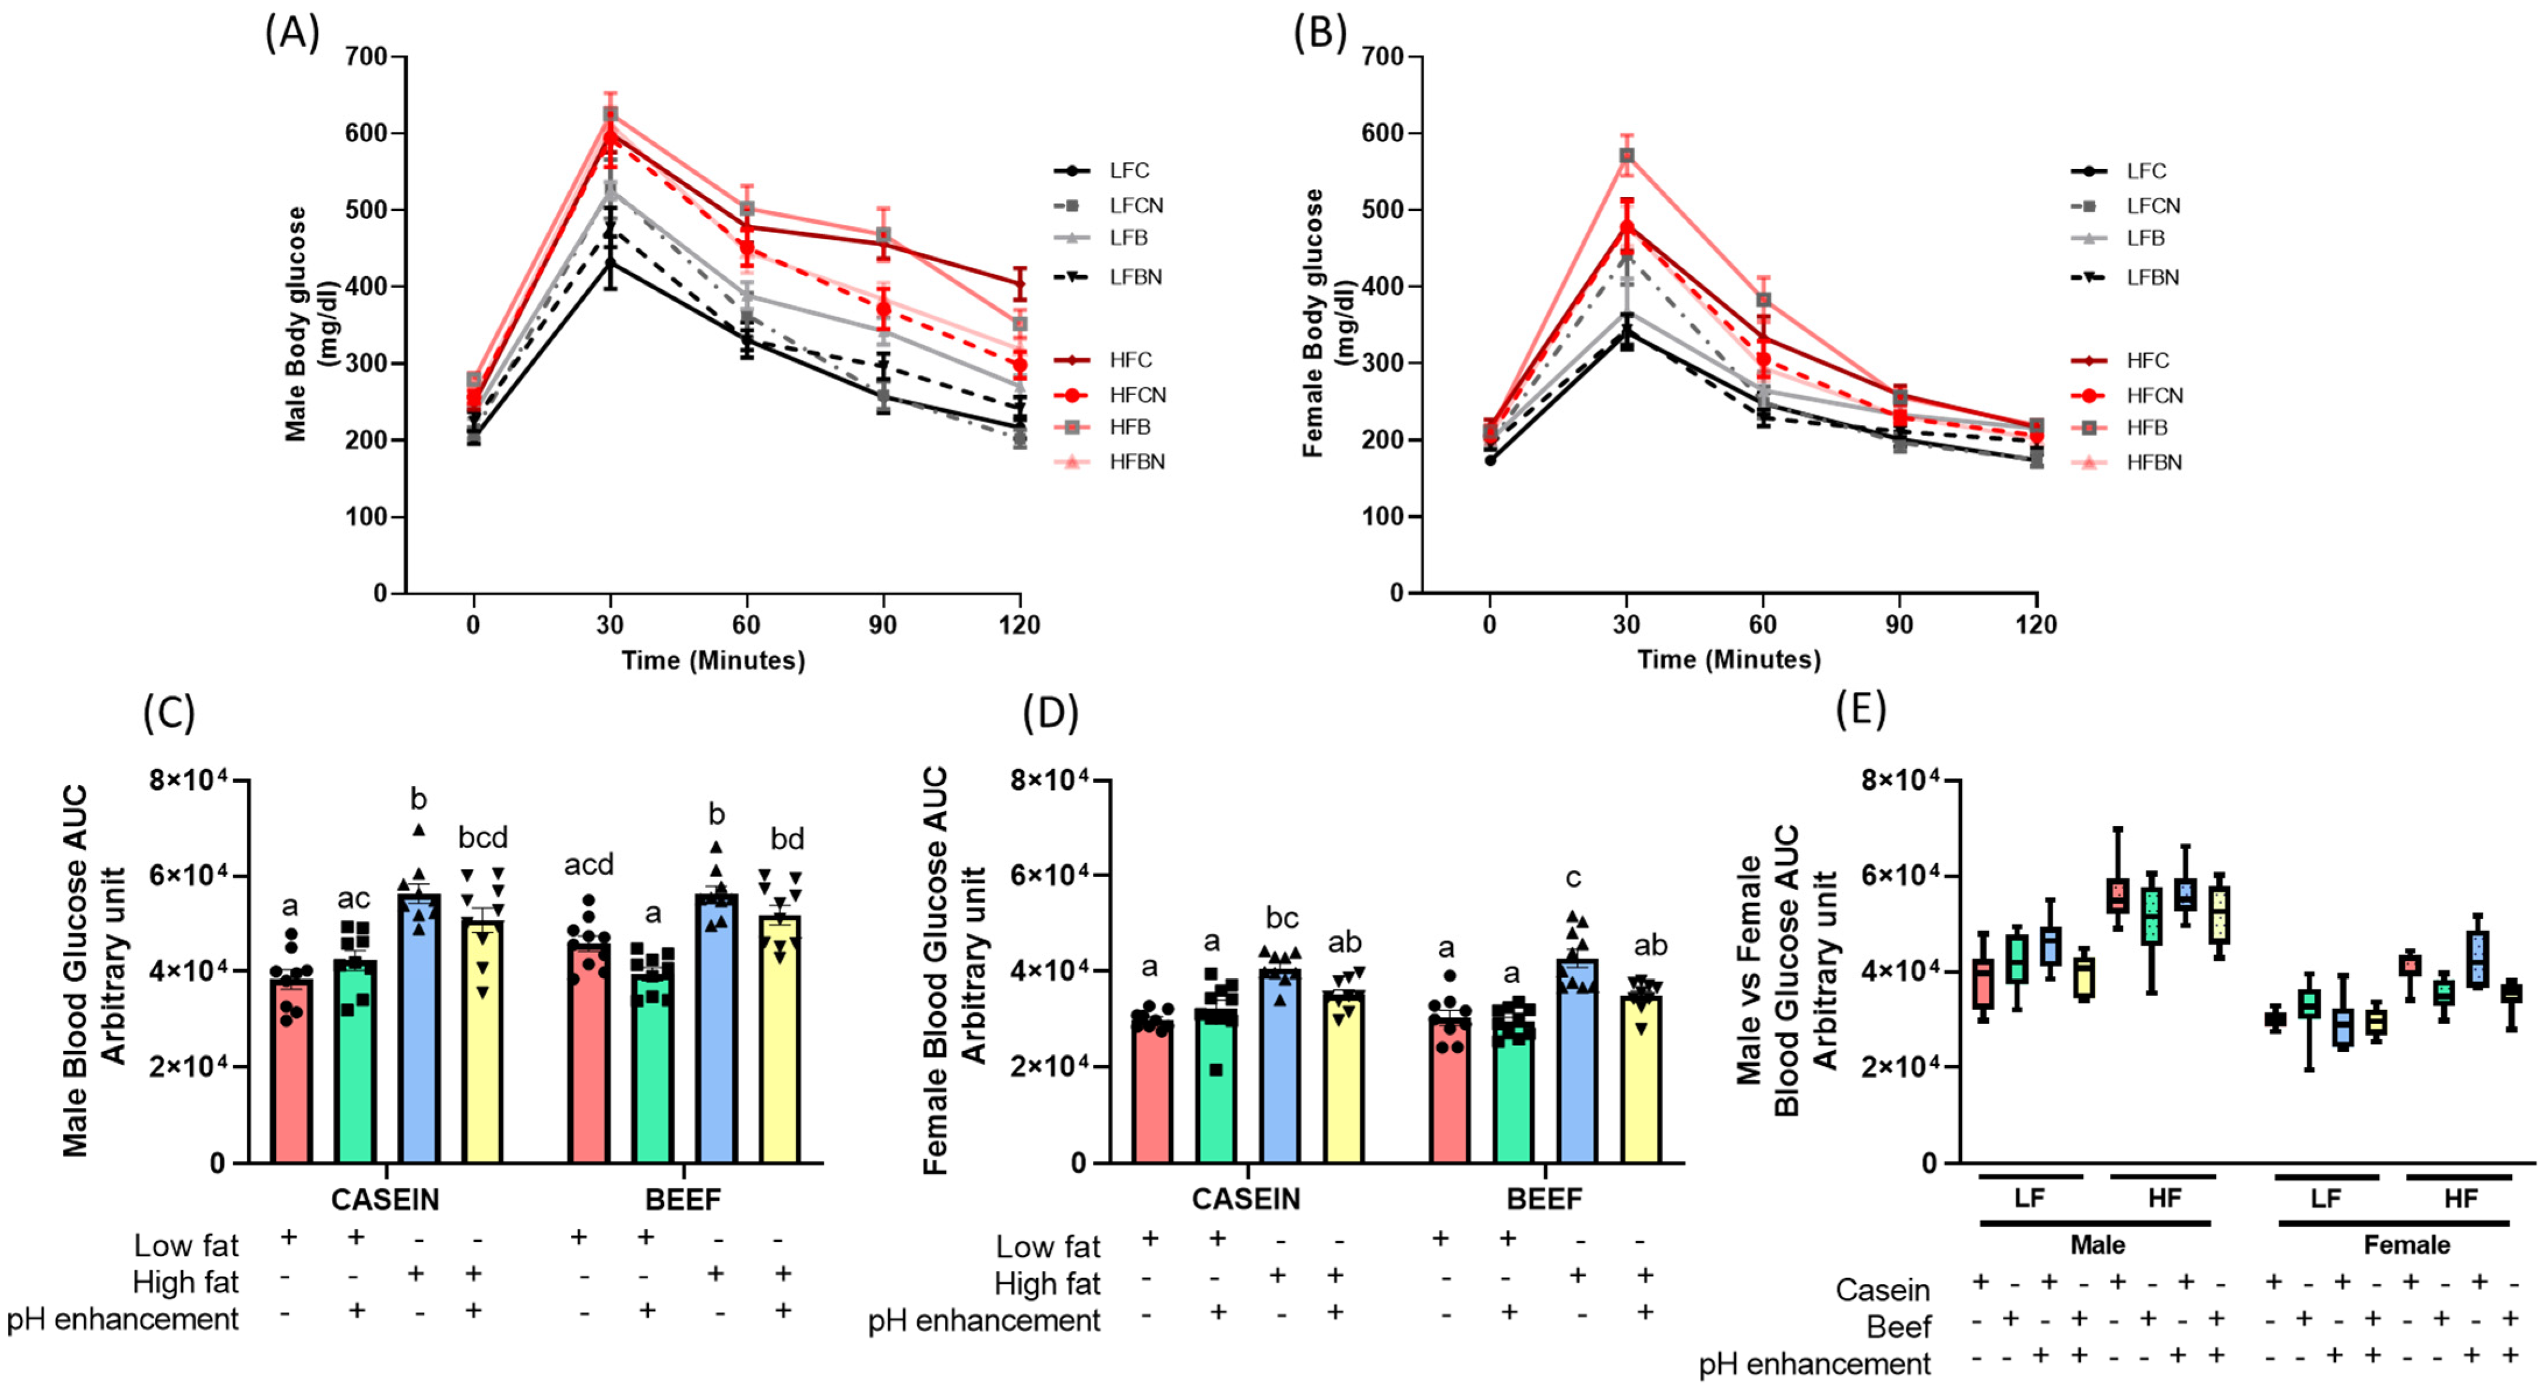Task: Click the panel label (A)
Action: [292, 34]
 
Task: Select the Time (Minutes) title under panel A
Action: [712, 660]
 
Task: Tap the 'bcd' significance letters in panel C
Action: [483, 839]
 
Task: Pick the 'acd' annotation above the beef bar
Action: [588, 865]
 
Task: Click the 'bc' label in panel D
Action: [1282, 918]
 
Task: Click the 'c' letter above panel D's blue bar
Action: [1573, 878]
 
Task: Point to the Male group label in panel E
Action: [2097, 1244]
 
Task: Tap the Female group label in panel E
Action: [2406, 1244]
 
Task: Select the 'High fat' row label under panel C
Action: [185, 1282]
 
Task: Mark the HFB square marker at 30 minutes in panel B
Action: [1626, 155]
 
